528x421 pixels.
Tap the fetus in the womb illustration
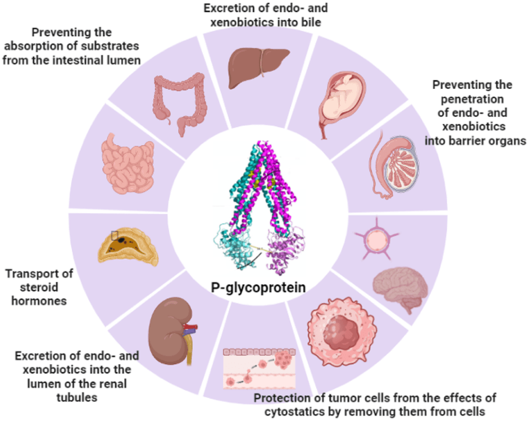(342, 102)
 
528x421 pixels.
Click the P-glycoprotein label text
(259, 288)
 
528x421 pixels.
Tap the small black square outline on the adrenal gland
(115, 236)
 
